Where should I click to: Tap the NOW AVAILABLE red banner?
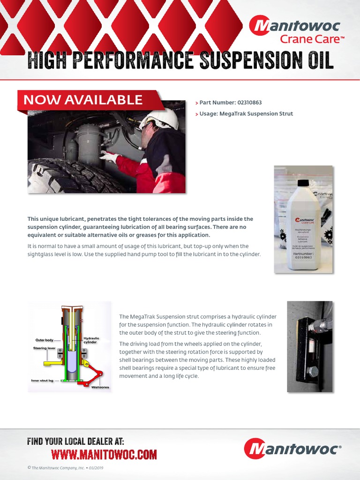pos(83,100)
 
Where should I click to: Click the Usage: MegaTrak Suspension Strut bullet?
pos(246,114)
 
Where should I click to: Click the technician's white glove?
pos(109,157)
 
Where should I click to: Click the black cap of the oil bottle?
pos(303,183)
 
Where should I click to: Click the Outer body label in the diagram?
pos(45,340)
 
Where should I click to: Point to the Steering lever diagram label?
pos(44,348)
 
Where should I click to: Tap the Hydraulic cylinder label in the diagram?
pos(91,340)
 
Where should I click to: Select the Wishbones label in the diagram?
pos(100,387)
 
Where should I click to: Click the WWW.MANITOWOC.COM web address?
pos(104,454)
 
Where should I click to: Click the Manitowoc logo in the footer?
pos(292,449)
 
